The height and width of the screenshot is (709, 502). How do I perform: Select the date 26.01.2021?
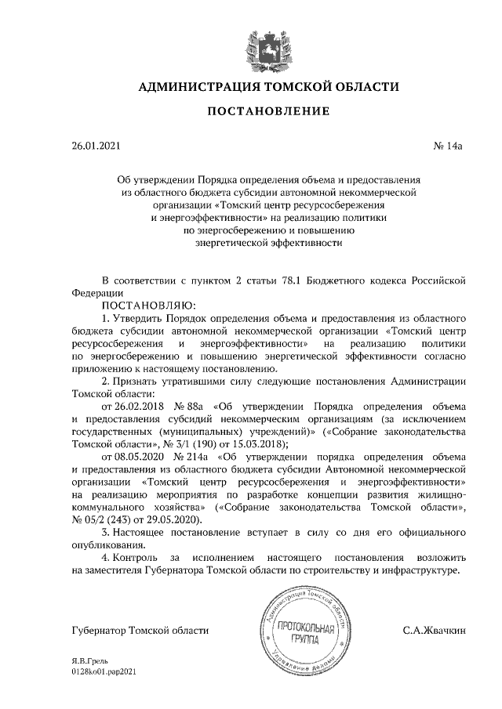(96, 147)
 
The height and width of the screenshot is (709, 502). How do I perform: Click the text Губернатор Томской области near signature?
(140, 630)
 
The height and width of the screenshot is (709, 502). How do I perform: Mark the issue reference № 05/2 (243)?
(104, 520)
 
